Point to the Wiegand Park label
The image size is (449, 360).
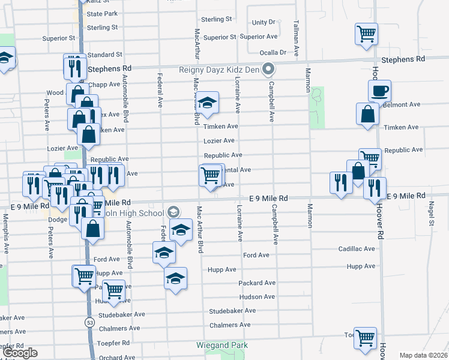coord(222,345)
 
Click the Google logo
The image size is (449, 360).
coord(20,352)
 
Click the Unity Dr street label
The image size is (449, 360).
coord(263,22)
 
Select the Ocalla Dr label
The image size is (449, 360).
coord(273,52)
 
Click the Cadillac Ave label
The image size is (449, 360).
coord(356,249)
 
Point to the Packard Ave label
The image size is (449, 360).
coord(256,283)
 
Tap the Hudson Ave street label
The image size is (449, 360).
coord(256,297)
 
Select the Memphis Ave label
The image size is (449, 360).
coord(6,236)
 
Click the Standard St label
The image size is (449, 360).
coord(104,55)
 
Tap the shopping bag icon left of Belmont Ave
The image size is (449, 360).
coord(367,114)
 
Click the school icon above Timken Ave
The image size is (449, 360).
coord(208,103)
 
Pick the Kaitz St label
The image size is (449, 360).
coord(99,2)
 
